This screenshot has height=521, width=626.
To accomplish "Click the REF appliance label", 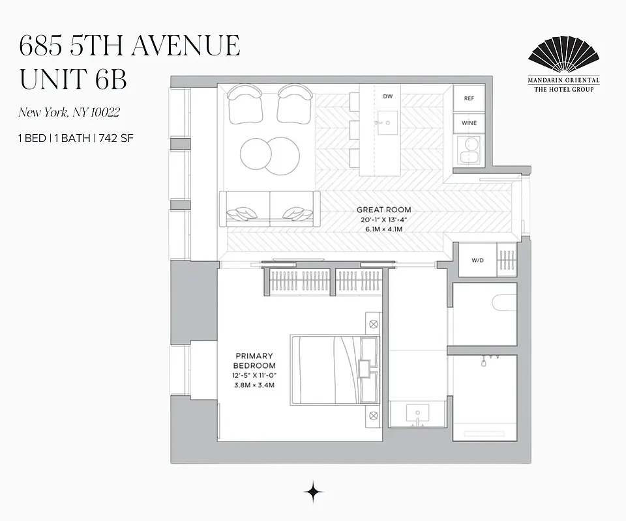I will (x=469, y=98).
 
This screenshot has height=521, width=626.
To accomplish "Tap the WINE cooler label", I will (x=469, y=123).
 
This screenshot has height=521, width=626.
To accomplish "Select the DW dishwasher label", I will (x=387, y=96).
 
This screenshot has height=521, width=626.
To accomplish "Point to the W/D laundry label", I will (x=478, y=260).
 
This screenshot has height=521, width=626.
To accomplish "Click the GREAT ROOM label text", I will (x=383, y=210).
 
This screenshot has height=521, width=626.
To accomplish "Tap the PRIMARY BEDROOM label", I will (x=255, y=361).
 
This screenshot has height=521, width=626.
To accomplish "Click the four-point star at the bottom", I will (x=314, y=492).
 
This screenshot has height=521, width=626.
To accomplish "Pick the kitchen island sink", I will (x=387, y=122).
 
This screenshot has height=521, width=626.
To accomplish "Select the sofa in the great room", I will (x=270, y=208).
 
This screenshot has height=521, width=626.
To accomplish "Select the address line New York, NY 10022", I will (x=68, y=113).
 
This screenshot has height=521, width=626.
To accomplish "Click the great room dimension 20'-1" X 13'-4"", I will (x=383, y=220).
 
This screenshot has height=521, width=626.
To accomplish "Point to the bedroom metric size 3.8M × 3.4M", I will (x=255, y=385).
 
